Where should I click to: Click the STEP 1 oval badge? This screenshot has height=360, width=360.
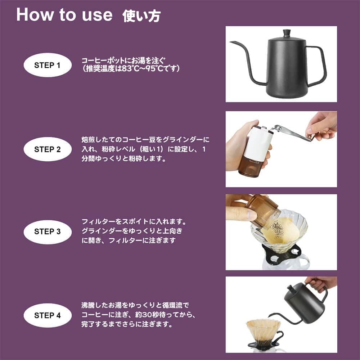47,65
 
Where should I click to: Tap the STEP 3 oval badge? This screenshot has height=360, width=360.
47,232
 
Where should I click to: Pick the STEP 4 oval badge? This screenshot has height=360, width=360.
47,315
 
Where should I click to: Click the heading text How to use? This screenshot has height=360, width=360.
64,15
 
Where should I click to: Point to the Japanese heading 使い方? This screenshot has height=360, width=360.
141,16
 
